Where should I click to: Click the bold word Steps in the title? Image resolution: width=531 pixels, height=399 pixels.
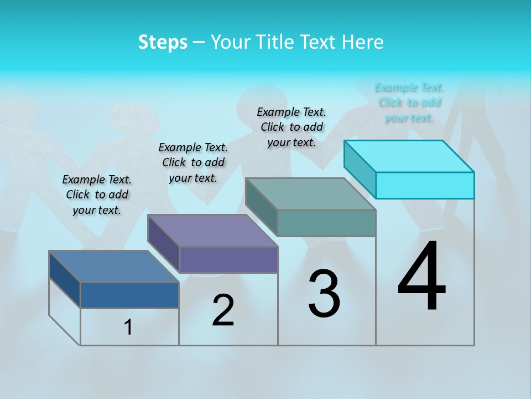coord(163,42)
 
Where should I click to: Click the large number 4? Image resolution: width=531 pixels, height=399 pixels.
coord(421,277)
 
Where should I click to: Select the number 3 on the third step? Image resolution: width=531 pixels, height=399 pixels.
coord(324,294)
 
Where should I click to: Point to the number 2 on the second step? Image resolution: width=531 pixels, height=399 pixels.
coord(223,310)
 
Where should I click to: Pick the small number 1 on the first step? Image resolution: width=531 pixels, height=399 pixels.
coord(128,328)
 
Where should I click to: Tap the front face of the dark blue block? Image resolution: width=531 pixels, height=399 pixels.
coord(129,295)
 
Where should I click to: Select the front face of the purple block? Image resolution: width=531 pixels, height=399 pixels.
coord(228,259)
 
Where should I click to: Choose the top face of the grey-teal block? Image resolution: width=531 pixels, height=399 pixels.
coord(310,194)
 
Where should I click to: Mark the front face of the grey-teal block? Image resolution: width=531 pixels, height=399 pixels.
coord(326,223)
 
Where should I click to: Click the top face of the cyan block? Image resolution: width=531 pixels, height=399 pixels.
coord(409,156)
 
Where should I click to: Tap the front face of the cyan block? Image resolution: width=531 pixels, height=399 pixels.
coord(425,185)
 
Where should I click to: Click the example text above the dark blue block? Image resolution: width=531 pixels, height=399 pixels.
coord(97,195)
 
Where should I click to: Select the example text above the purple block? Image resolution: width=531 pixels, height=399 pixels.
coord(193,162)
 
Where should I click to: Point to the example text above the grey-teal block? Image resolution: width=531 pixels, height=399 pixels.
coord(291,127)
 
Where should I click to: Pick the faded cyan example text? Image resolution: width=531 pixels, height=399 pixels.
coord(409,103)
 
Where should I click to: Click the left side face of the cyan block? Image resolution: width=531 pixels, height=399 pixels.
coord(360,168)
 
